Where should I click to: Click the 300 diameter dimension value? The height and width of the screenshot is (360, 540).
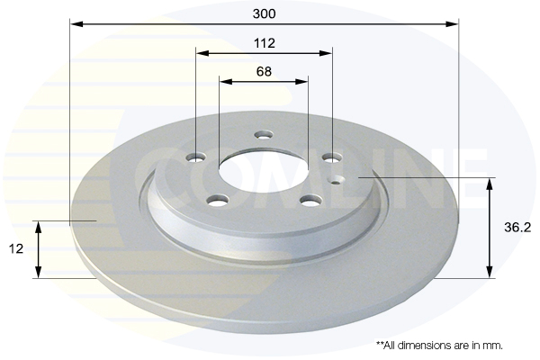(x=264, y=14)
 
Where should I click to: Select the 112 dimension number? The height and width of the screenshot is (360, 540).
(x=264, y=43)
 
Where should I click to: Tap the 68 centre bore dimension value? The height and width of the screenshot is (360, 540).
(x=264, y=71)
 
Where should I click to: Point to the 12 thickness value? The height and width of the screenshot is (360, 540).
(x=18, y=247)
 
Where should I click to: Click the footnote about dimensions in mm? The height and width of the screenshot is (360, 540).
(x=438, y=345)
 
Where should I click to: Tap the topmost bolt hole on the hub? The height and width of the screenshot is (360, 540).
(x=263, y=136)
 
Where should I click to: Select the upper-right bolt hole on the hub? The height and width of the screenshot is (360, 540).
(x=329, y=158)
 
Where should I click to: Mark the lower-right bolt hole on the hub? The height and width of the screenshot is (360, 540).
(x=310, y=200)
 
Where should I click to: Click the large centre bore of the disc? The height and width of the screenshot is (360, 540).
(x=263, y=173)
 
